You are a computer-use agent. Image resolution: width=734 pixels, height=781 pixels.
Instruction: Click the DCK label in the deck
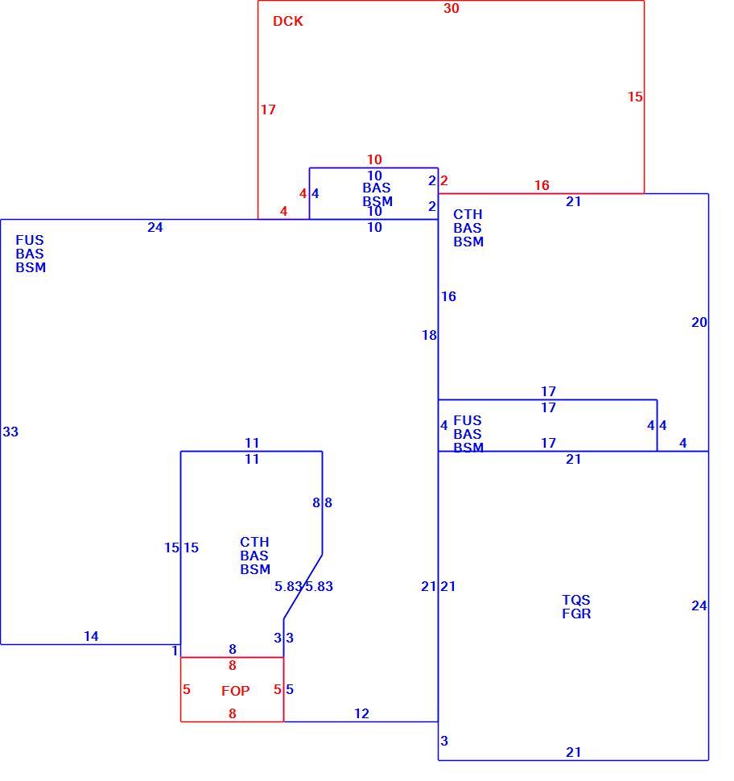click(288, 22)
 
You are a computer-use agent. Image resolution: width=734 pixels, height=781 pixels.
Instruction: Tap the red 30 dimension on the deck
click(452, 9)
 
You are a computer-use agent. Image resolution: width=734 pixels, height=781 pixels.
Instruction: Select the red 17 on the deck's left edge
click(268, 110)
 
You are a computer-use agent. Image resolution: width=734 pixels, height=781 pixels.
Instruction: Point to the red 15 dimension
click(635, 97)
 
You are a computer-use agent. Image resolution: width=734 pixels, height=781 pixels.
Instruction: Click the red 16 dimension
click(542, 185)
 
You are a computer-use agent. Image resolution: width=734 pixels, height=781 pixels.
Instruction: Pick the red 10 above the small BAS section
click(374, 159)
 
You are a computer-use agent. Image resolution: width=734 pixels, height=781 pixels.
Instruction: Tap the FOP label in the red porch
click(236, 691)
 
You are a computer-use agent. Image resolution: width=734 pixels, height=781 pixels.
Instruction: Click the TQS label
click(576, 600)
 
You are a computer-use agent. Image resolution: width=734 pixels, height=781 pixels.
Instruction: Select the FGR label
click(576, 614)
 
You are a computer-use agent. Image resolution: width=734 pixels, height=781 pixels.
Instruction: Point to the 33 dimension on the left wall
click(10, 432)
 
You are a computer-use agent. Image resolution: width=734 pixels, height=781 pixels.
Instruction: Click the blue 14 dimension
click(91, 636)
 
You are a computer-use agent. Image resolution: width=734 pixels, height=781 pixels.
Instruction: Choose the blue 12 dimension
click(361, 713)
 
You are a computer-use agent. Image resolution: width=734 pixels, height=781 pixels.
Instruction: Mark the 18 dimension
click(429, 335)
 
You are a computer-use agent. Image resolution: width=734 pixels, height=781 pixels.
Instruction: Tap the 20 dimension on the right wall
click(699, 322)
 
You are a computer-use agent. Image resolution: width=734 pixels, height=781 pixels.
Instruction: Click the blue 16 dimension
click(448, 296)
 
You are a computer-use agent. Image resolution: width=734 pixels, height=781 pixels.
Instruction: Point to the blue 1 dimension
click(175, 651)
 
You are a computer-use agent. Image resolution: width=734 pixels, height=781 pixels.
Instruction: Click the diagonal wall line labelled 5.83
click(303, 587)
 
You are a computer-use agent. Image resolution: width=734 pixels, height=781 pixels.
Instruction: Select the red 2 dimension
click(443, 180)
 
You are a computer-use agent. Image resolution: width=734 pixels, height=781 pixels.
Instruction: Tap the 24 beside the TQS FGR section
click(699, 605)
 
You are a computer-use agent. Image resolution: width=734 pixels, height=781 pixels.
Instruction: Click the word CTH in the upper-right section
click(468, 214)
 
